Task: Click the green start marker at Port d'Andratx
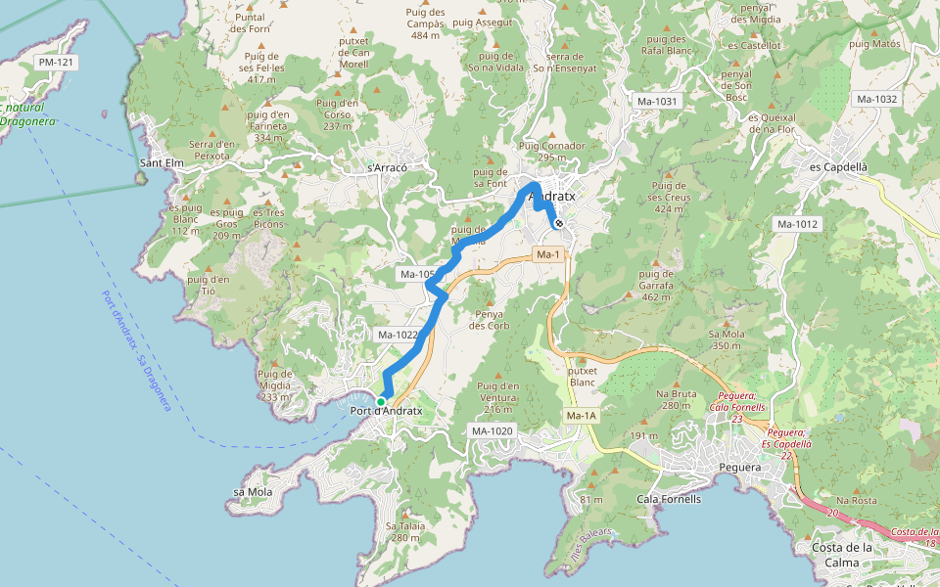point(381,401)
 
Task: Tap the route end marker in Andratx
point(558,224)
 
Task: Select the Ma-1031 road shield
point(656,101)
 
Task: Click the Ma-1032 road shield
point(876,99)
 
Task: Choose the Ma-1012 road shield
point(797,224)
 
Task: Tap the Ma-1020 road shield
point(493,431)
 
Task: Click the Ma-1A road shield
point(581,416)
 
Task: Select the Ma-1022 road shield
point(398,335)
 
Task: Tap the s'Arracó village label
point(386,167)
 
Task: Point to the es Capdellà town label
point(838,167)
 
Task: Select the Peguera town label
point(739,468)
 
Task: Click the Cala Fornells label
point(669,499)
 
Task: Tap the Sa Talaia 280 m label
point(397,531)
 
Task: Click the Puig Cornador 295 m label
point(551,152)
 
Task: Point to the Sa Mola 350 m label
point(725,339)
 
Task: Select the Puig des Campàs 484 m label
point(425,23)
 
